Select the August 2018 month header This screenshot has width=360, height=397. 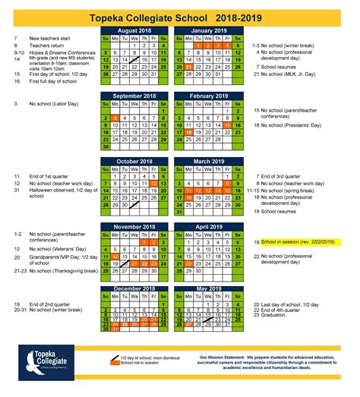coord(135,30)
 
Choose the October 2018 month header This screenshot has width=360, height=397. coord(135,161)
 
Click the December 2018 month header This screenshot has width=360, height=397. coord(135,290)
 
